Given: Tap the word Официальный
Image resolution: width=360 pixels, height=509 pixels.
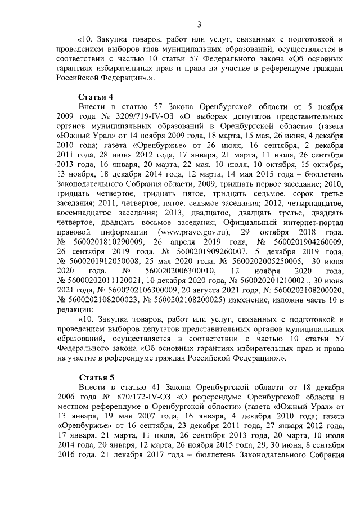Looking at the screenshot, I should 240,222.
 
